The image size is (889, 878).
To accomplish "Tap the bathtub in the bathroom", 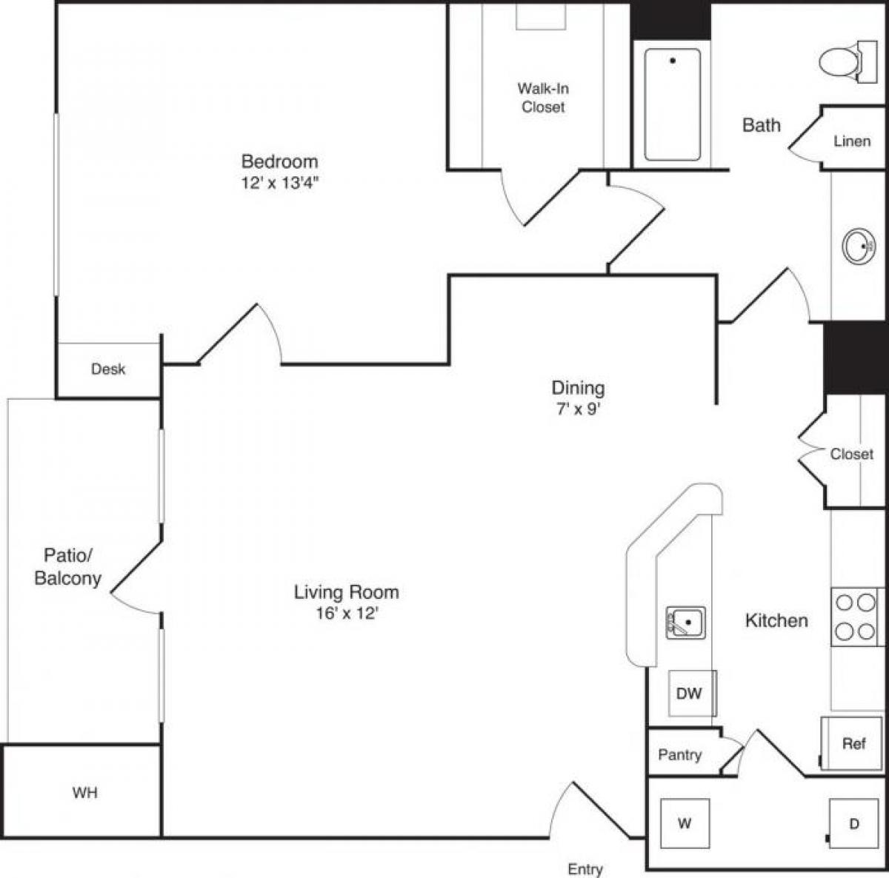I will click(672, 104).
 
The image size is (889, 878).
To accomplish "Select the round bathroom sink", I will click(858, 247).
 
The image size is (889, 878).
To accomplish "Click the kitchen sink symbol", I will click(685, 623).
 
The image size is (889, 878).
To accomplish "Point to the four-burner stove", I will click(856, 617).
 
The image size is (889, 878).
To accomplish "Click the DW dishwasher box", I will click(690, 694).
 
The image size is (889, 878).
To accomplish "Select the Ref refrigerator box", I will click(853, 743).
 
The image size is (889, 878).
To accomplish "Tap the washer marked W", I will click(685, 823).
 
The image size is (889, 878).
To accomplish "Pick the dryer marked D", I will click(853, 823).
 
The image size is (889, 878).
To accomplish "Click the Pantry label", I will click(679, 755).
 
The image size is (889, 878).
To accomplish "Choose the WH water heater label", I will click(84, 793).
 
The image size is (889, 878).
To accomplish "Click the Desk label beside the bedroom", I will click(108, 369).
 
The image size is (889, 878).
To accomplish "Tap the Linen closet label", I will click(851, 141).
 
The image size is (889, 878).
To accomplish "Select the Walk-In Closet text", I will click(543, 98).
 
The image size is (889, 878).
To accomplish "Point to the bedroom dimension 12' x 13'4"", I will click(279, 184).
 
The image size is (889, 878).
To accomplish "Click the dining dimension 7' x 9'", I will click(577, 408).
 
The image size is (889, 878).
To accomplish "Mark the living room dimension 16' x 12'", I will click(346, 613).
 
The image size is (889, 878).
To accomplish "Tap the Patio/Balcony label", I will click(68, 567).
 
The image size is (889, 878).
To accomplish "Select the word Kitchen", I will click(776, 620).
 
